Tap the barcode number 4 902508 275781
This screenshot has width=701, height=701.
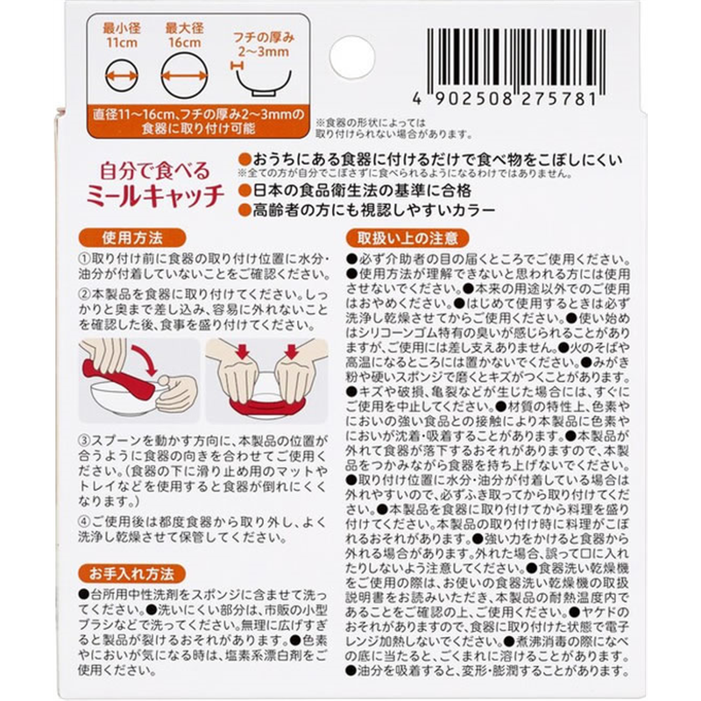pos(506,99)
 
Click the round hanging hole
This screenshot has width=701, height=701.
pos(352,57)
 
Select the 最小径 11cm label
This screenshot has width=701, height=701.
pos(122,36)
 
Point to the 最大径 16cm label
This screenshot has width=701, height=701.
pos(185,36)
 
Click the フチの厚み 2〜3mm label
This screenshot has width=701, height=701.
pos(264,45)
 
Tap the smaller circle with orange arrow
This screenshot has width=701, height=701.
pos(122,75)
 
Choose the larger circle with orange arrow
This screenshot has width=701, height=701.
pos(184,75)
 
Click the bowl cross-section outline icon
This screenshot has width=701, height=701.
pos(264,83)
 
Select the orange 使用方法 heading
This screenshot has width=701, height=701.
pos(132,238)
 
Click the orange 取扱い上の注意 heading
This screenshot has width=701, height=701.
pos(407,238)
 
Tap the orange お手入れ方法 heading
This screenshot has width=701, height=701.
pos(131,574)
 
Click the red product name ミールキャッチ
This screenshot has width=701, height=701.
pos(155,196)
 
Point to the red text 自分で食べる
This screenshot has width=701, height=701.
pos(155,170)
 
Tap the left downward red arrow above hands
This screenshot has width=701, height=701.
pos(242,351)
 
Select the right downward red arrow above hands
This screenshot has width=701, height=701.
pos(292,351)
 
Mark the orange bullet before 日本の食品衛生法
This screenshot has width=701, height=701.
pos(244,191)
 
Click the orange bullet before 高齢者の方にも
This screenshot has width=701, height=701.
pos(244,210)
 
